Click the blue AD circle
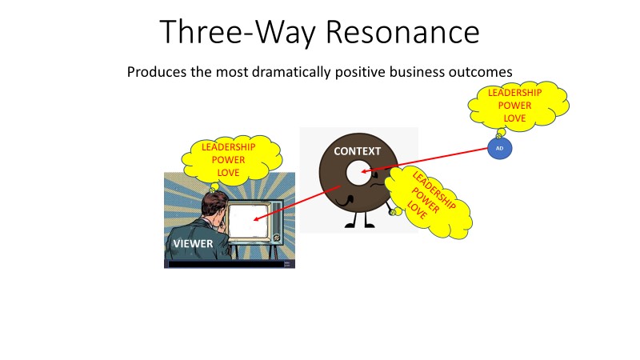[x=499, y=148]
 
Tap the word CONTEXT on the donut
[x=357, y=151]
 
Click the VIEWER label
[x=193, y=244]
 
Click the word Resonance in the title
[x=402, y=32]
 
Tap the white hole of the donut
[x=358, y=172]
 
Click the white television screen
[x=248, y=222]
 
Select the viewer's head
[x=214, y=206]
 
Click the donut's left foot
[x=350, y=225]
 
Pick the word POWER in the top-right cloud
[x=514, y=106]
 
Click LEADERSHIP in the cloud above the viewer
[x=229, y=147]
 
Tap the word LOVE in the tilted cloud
[x=417, y=210]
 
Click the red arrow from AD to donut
[x=425, y=160]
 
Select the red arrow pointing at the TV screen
[x=297, y=203]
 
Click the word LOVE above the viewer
[x=228, y=173]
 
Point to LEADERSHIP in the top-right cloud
[x=514, y=93]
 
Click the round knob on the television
[x=276, y=237]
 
